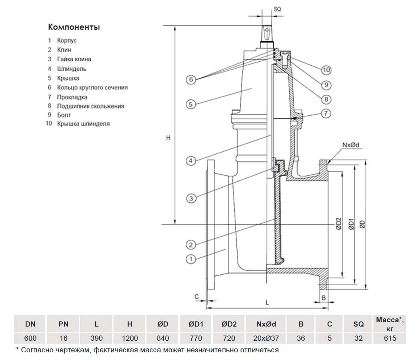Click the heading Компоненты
pos(74,27)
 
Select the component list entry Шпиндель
pos(71,69)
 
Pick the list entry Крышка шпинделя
pos(83,124)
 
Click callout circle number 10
pos(326,70)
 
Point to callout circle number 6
pos(191,79)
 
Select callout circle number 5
pos(191,104)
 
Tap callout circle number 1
pos(191,258)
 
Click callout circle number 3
pos(191,198)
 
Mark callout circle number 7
pos(326,114)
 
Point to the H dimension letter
pos(168,138)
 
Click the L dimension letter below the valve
pos(267,302)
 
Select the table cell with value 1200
pos(129,338)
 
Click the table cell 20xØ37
pos(266,338)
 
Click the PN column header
pos(63,325)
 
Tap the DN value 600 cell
pos(30,338)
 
